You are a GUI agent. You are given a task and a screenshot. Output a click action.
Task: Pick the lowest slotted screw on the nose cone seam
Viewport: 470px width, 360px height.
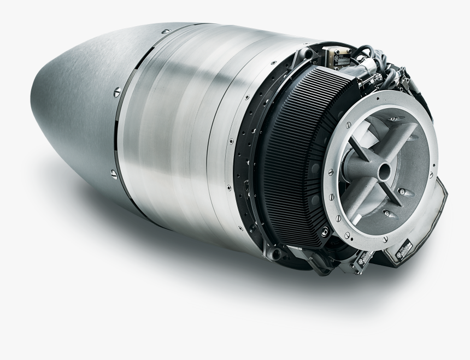tap(114, 174)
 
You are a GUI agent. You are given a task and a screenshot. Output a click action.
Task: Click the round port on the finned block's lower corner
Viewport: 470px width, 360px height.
tap(326, 233)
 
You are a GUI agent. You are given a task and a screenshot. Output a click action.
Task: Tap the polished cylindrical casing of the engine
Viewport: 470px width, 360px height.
tap(180, 131)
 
